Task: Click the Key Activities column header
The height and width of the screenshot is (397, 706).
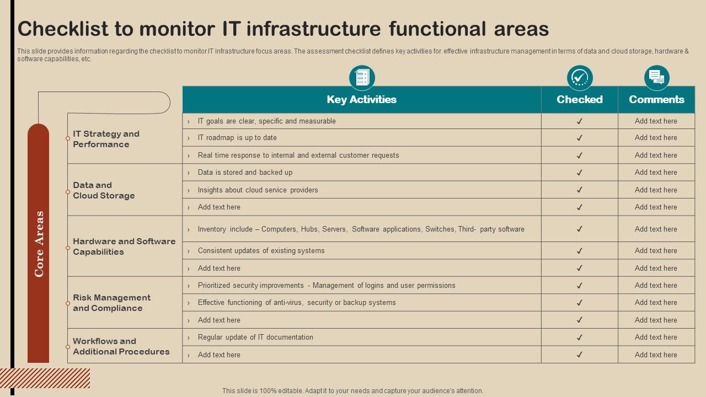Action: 361,100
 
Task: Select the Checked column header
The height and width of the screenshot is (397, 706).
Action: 579,100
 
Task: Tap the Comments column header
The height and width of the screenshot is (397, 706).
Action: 656,100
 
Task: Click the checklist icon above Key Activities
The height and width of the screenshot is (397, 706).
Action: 362,78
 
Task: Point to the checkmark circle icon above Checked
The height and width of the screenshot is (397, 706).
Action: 580,78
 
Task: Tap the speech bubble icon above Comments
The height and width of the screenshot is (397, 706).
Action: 656,78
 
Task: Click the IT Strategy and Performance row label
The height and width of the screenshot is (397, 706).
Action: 106,139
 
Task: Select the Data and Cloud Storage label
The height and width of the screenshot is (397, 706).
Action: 104,190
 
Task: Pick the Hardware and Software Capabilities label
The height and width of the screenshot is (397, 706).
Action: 124,246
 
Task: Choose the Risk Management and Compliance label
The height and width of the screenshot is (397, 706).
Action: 111,303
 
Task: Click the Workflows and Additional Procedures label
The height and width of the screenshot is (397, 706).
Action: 121,346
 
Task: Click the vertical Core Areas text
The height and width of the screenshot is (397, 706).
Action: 39,244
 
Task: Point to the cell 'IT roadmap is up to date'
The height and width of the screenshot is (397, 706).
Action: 237,138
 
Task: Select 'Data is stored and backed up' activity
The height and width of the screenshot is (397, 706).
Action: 245,173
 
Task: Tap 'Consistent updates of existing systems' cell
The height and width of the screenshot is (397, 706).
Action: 261,251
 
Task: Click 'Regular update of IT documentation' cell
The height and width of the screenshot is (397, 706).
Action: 255,337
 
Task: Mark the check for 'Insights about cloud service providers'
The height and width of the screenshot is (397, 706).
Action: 580,190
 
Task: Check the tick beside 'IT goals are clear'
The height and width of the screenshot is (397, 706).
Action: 580,121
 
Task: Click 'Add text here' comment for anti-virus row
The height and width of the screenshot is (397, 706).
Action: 656,303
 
